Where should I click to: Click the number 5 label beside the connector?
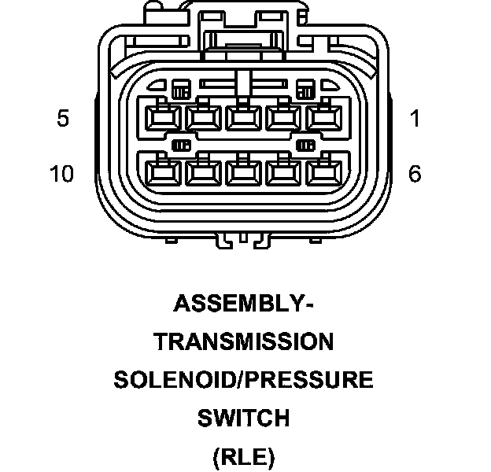point(63,119)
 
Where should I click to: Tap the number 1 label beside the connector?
point(415,119)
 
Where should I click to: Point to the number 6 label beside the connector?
point(415,173)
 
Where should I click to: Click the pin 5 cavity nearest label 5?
point(163,119)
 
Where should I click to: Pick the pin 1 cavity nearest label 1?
point(321,119)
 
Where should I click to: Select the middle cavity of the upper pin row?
point(242,119)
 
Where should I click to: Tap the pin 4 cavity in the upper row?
point(203,119)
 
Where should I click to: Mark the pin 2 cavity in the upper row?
point(282,119)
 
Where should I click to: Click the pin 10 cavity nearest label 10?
point(163,171)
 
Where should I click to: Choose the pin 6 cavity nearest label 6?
point(321,171)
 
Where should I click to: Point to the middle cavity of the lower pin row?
point(242,171)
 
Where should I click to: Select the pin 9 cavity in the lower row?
point(203,171)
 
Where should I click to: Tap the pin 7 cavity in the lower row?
point(282,171)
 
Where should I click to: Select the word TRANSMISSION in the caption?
point(244,341)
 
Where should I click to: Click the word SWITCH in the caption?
point(243,418)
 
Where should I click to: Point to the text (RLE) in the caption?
point(243,456)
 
